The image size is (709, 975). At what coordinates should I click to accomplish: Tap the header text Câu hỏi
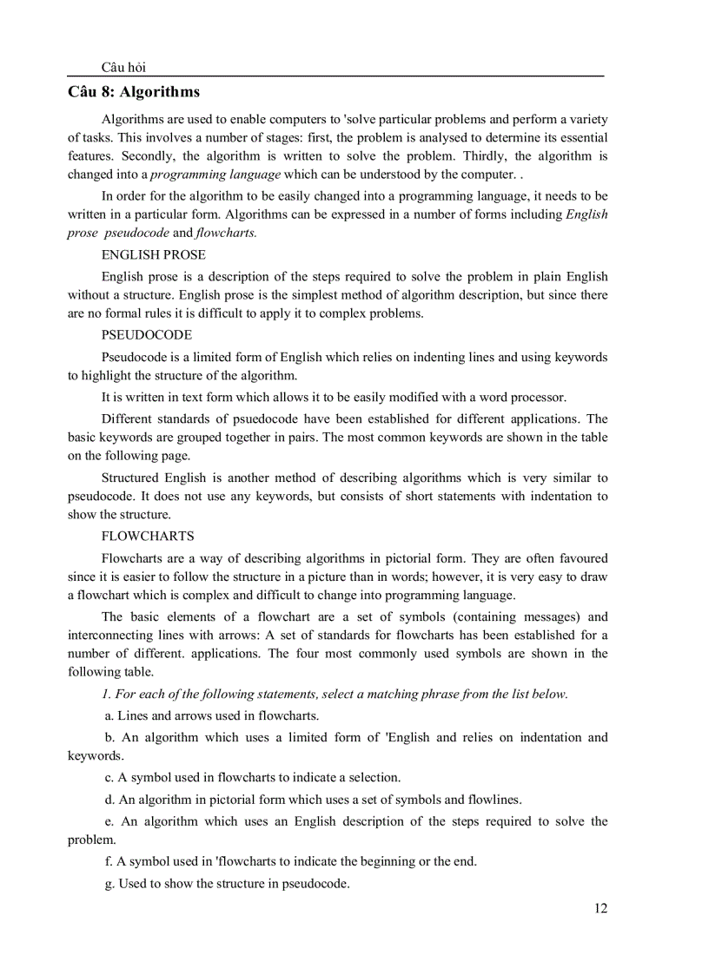(x=123, y=68)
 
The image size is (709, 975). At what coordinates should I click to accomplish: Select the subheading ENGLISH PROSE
(x=154, y=255)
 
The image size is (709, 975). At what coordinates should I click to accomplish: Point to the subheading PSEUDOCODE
(x=147, y=334)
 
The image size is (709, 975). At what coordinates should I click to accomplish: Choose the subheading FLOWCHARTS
(x=148, y=536)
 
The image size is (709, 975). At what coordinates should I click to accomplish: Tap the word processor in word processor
(x=540, y=398)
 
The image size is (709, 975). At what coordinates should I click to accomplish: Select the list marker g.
(x=110, y=884)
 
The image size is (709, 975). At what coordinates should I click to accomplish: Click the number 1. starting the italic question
(x=105, y=694)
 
